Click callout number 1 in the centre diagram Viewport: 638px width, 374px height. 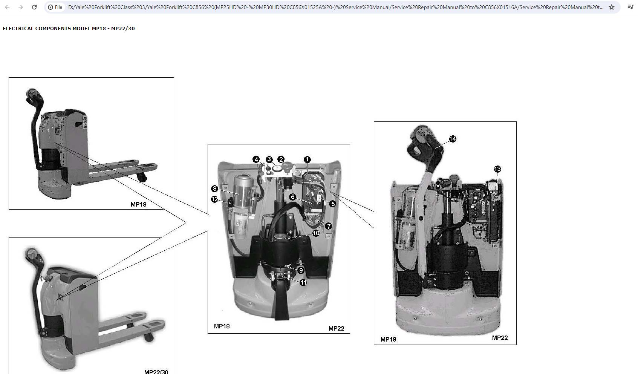(307, 159)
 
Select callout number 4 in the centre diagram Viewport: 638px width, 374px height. (256, 159)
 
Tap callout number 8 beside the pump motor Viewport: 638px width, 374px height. (214, 189)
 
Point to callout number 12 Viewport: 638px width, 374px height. (214, 199)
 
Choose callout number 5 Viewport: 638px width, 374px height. (332, 204)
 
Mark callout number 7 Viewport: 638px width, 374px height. (328, 227)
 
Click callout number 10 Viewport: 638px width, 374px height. (316, 233)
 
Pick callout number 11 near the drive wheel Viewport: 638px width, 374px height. (303, 282)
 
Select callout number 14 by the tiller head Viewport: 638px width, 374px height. (453, 139)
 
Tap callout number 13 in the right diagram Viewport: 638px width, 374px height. (497, 169)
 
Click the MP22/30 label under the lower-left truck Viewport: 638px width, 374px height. (156, 372)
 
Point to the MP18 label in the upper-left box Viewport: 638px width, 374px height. (138, 204)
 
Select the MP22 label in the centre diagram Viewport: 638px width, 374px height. (337, 328)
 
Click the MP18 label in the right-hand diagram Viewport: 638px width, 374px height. (388, 340)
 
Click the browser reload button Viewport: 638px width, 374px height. (34, 7)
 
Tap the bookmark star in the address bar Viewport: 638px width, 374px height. (612, 7)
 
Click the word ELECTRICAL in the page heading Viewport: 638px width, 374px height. (18, 29)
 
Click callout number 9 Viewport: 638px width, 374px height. (301, 270)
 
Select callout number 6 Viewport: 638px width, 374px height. (292, 197)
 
